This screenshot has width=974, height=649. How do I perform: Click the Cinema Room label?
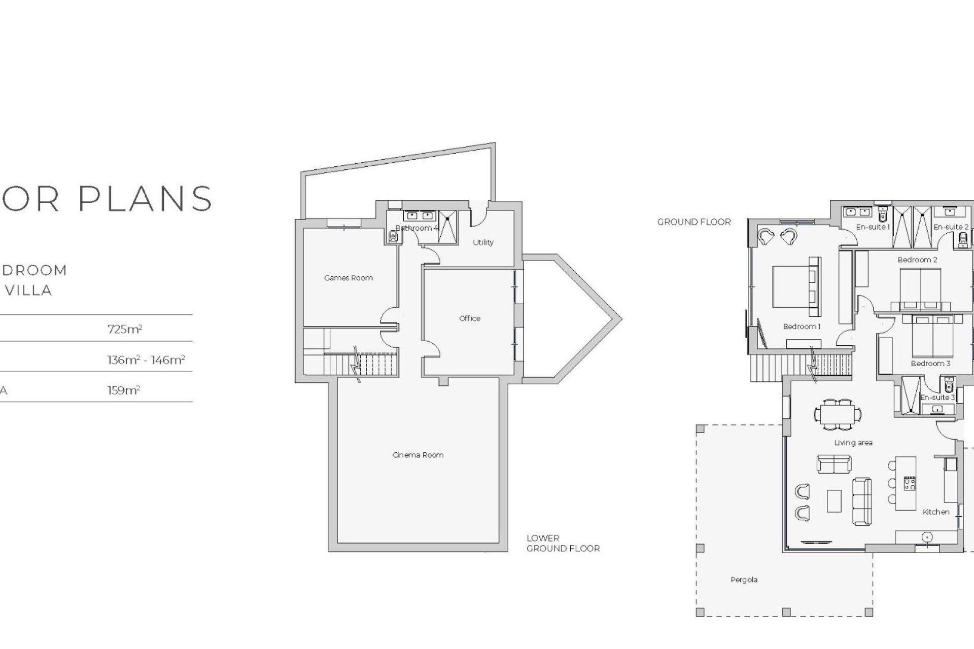pos(418,455)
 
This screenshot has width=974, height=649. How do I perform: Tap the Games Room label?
pos(349,278)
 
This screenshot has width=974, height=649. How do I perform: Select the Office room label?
pos(470,318)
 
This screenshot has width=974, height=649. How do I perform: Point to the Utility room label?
pos(483,242)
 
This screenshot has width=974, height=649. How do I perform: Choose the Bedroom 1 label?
pos(802,327)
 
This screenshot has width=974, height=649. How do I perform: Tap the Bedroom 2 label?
pos(917,260)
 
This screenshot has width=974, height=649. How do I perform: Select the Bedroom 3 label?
pos(930,364)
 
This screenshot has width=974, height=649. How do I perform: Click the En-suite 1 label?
pos(873,227)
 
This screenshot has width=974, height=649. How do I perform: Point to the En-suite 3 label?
pos(937,398)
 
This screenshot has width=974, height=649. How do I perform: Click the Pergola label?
pos(744,580)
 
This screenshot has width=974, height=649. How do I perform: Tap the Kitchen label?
pos(936,512)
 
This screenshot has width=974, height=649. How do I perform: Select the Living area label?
pos(853,443)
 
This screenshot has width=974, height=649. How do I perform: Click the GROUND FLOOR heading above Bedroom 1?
pos(694,222)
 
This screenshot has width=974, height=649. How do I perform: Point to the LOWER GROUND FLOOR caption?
pos(563,544)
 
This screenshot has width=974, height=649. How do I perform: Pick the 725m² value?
pos(125,329)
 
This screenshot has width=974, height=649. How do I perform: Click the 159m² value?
pos(123,390)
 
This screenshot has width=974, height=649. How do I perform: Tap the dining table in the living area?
pos(838,414)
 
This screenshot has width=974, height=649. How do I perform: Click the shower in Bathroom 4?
pos(447,228)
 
